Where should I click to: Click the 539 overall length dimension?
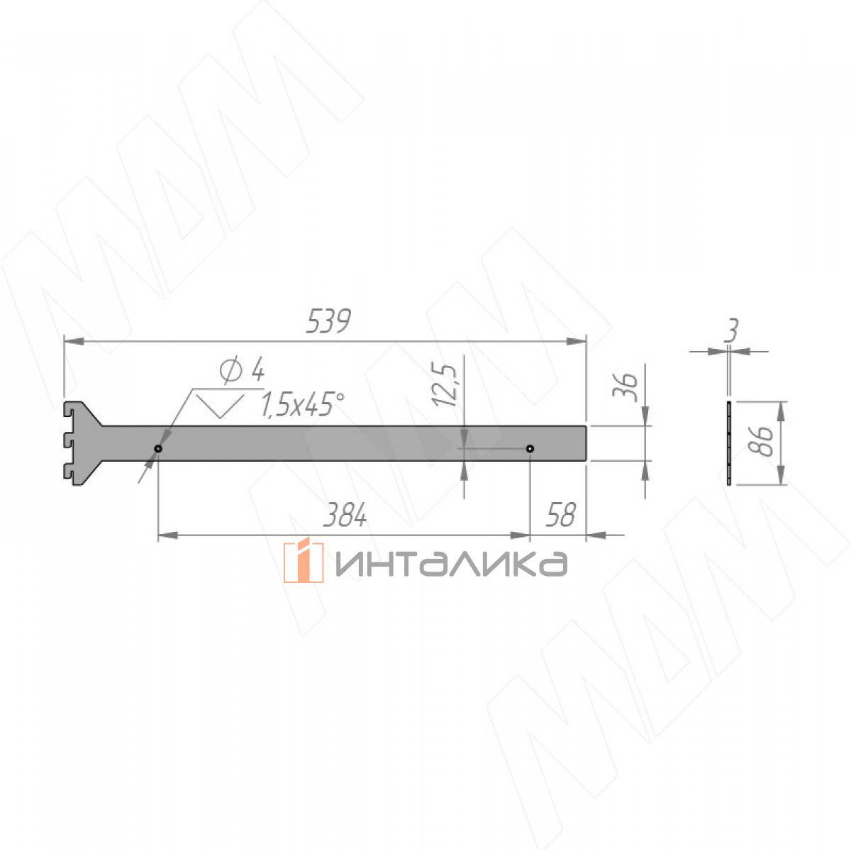point(328,321)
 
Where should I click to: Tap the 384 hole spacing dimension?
point(345,516)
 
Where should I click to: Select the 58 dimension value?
point(561,515)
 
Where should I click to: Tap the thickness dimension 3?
point(732,330)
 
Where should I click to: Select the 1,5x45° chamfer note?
point(302,404)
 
